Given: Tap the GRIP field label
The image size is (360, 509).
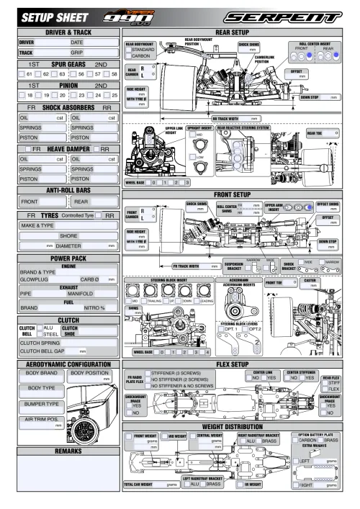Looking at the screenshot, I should click(x=76, y=53).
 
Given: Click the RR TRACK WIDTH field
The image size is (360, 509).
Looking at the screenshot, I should click(x=238, y=117).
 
